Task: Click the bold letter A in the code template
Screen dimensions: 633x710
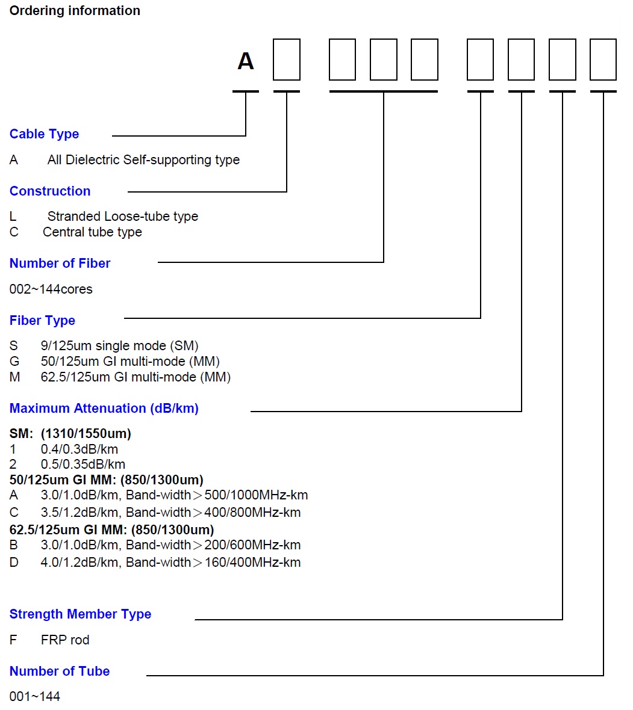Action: coord(246,61)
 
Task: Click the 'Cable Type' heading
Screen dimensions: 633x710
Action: coord(45,134)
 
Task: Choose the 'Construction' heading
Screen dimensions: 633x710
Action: coord(50,191)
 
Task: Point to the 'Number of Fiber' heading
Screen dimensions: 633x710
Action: coord(60,263)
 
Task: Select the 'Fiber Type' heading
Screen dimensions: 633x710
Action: coord(42,321)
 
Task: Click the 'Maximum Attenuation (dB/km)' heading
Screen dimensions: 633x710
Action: coord(104,409)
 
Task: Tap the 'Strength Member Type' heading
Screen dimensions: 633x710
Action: coord(80,614)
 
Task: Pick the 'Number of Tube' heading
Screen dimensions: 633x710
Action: coord(60,671)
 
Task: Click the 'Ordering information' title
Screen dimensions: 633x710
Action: coord(75,10)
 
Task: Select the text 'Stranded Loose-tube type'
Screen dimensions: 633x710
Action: coord(123,217)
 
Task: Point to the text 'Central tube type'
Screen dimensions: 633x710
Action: coord(92,232)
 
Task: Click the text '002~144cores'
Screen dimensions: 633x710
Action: coord(51,289)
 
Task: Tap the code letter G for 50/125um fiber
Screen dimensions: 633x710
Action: coord(14,362)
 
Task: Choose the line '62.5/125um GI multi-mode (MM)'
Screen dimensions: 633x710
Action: coord(136,377)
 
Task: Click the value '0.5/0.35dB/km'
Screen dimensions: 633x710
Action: coord(83,464)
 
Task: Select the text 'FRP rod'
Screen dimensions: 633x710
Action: coord(65,640)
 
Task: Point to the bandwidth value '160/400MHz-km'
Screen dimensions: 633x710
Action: coord(252,563)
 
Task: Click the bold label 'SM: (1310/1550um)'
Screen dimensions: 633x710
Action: coord(70,434)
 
